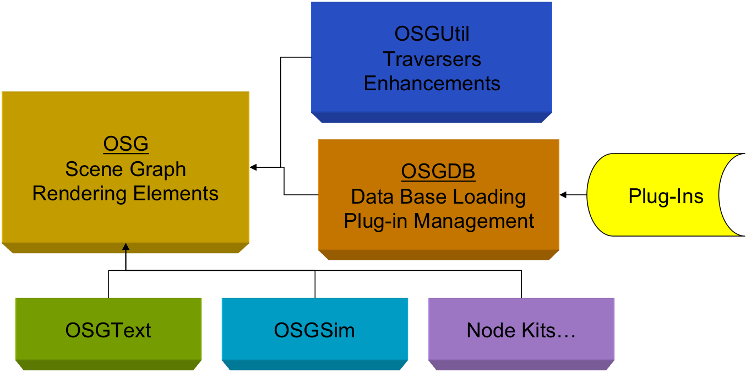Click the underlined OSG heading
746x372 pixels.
(126, 144)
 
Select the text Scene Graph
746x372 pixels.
(126, 169)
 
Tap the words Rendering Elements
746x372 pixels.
(126, 194)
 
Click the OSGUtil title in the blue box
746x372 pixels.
(432, 34)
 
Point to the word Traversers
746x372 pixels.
(432, 59)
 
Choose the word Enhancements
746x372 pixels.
(432, 84)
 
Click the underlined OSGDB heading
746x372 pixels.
(438, 172)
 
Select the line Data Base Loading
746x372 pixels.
(438, 196)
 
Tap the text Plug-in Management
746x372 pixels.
(439, 221)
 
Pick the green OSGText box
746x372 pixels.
(108, 331)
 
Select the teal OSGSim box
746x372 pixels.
(314, 331)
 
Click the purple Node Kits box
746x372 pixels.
(521, 331)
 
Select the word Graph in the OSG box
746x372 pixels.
(159, 169)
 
